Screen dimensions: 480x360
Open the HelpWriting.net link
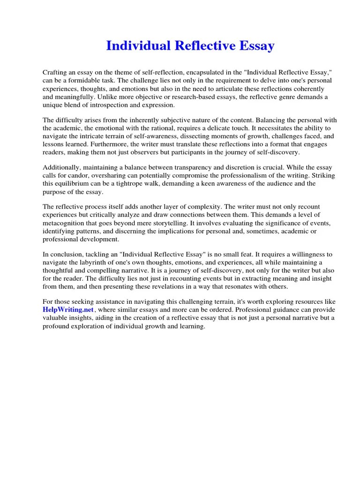61,310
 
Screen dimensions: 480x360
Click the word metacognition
66,223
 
